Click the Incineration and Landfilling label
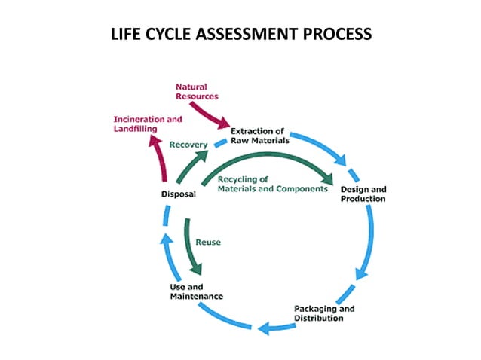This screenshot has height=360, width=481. (x=147, y=124)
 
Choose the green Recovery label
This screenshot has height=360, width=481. (x=188, y=145)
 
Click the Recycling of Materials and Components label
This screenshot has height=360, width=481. (x=272, y=185)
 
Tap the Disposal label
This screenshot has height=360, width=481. (x=179, y=194)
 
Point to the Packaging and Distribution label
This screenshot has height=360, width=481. (x=323, y=313)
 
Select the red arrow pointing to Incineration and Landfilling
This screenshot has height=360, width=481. (x=156, y=157)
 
